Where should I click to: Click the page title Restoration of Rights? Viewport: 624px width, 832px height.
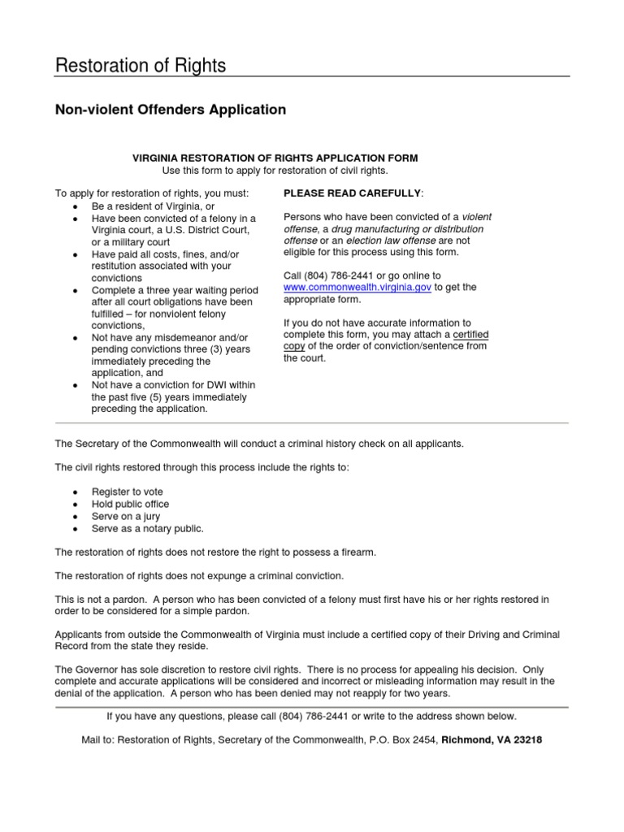pos(140,65)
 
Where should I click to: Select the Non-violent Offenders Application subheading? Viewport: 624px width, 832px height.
pos(170,109)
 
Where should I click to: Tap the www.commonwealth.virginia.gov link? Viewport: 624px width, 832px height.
pos(357,288)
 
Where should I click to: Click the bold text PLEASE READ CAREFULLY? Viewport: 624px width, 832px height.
pos(352,193)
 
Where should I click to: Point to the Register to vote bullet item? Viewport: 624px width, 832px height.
pos(128,492)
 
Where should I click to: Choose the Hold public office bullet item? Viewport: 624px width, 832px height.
pos(130,505)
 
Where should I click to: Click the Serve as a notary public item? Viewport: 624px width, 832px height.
pos(147,529)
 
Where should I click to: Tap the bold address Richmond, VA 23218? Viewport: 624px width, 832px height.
pos(492,740)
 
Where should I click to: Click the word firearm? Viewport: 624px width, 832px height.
pos(357,552)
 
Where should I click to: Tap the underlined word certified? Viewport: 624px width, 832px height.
pos(470,334)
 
